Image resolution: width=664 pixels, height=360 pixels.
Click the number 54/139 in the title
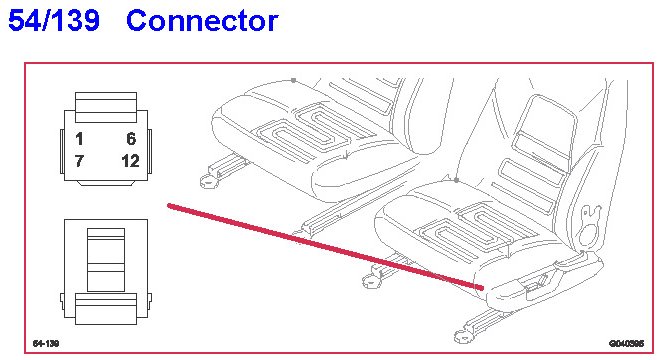pos(54,20)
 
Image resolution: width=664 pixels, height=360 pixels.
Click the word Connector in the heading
pos(202,21)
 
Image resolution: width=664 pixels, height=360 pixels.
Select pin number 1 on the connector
pos(79,138)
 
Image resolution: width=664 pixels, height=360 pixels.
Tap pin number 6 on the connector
pos(131,138)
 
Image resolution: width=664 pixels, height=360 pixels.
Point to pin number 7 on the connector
pos(79,161)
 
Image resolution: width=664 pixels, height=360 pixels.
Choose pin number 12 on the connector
pos(130,161)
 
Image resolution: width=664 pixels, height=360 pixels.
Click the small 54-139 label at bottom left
pos(46,343)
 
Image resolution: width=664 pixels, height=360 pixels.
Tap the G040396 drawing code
pos(626,343)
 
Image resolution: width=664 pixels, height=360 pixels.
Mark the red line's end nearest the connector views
pos(169,206)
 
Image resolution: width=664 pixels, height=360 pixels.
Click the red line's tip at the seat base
pos(481,288)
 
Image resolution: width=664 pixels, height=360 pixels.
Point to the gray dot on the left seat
pos(293,80)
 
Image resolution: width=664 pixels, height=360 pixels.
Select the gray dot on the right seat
pos(456,180)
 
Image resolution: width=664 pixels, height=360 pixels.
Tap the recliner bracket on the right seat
pos(590,224)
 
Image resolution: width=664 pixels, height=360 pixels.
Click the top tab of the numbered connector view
pos(106,107)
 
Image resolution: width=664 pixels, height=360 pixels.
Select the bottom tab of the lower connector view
pos(106,309)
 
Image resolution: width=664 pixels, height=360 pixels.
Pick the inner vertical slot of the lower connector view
pos(106,260)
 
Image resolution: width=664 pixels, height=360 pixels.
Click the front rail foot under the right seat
pos(463,335)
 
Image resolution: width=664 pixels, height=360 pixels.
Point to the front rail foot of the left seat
pos(208,180)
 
